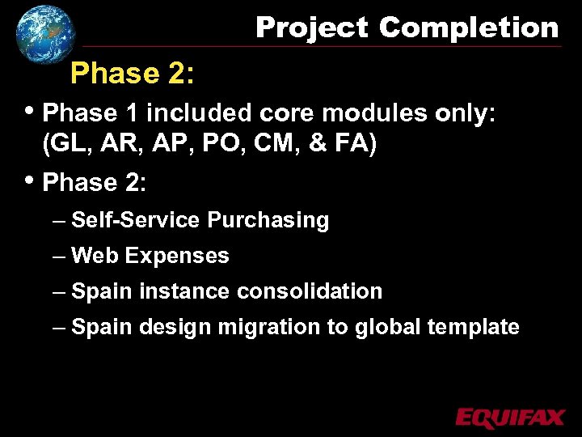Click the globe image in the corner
[x=45, y=33]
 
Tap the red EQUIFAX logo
[x=509, y=418]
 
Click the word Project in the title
[x=311, y=28]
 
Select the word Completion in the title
[x=469, y=28]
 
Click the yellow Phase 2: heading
[x=132, y=74]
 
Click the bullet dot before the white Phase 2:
[x=31, y=180]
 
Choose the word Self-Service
[x=136, y=220]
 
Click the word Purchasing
[x=268, y=220]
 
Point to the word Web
[x=95, y=256]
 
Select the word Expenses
[x=177, y=256]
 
